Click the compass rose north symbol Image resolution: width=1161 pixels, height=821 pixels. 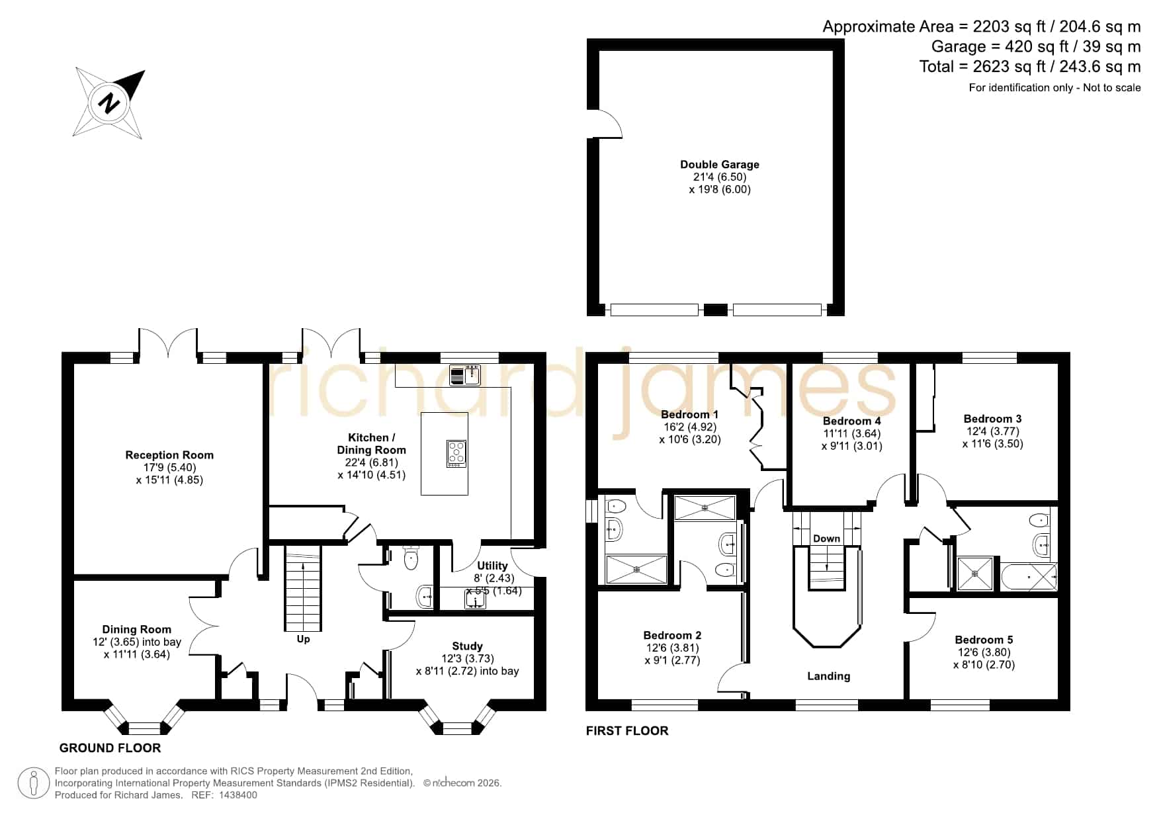(109, 103)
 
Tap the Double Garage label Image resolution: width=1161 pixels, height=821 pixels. (720, 165)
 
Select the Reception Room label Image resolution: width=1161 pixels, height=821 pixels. (169, 455)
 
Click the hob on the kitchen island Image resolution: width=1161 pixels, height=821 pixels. (456, 453)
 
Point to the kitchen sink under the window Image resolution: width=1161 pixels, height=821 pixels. (465, 375)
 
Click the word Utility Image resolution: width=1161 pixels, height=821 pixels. (492, 566)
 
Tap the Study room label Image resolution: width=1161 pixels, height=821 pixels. (467, 646)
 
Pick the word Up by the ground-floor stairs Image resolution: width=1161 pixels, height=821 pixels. (303, 639)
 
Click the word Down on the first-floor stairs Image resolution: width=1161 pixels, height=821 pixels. (826, 539)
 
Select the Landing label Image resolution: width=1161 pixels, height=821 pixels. (828, 676)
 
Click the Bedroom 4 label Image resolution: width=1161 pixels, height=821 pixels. (851, 421)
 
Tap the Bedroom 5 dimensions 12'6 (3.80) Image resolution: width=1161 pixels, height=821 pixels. (984, 652)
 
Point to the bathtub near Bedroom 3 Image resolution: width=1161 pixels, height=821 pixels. (1029, 578)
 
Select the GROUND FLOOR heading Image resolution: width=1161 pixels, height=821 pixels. (110, 748)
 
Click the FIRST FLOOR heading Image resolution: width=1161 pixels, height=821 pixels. (627, 731)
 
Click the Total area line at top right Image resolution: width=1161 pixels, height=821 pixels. (1030, 67)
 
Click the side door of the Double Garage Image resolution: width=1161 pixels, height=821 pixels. (605, 124)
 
